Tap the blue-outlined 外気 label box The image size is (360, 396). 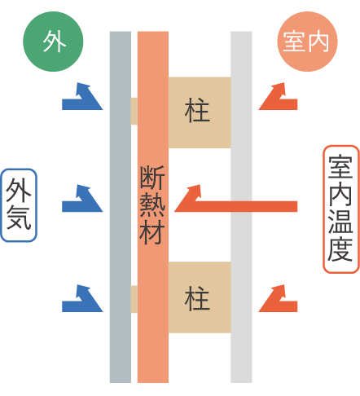point(20,205)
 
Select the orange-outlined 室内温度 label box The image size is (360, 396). point(341,209)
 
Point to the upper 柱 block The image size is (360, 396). point(199,112)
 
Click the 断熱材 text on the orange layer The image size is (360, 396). point(153,205)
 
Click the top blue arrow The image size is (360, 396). point(82,98)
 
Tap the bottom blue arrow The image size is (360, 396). point(82,300)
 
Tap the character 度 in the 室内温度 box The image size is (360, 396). point(341,249)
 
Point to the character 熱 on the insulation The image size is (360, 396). point(153,205)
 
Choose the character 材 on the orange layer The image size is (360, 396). point(153,233)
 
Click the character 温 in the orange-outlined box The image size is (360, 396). point(341,222)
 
